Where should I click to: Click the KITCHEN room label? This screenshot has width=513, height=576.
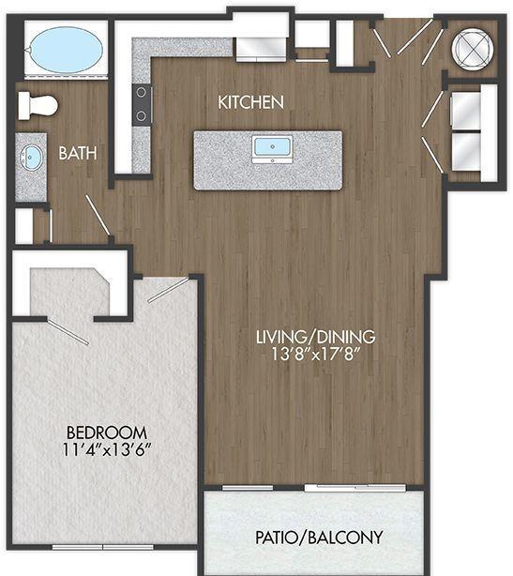click(250, 102)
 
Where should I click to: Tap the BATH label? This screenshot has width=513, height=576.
click(78, 153)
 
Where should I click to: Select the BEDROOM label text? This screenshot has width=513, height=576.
click(107, 432)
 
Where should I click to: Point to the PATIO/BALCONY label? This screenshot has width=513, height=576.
click(319, 538)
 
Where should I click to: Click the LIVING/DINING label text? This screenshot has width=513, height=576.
click(315, 337)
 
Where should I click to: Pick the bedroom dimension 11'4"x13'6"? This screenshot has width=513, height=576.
click(107, 449)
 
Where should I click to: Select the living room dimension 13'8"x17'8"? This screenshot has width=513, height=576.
click(315, 355)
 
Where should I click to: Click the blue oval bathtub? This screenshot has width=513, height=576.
click(66, 50)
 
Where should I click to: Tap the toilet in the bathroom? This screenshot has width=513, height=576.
click(38, 106)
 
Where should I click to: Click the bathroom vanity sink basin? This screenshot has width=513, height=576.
click(31, 158)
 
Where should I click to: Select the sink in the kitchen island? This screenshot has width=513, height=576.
click(272, 146)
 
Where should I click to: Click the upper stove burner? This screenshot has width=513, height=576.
click(141, 93)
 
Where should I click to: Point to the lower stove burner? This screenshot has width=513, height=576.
click(141, 116)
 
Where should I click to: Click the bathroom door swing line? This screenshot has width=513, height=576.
click(98, 215)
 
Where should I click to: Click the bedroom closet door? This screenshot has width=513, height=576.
click(68, 332)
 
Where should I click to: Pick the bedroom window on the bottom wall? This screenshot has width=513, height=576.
click(103, 547)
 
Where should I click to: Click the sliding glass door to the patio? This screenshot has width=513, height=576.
click(355, 488)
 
